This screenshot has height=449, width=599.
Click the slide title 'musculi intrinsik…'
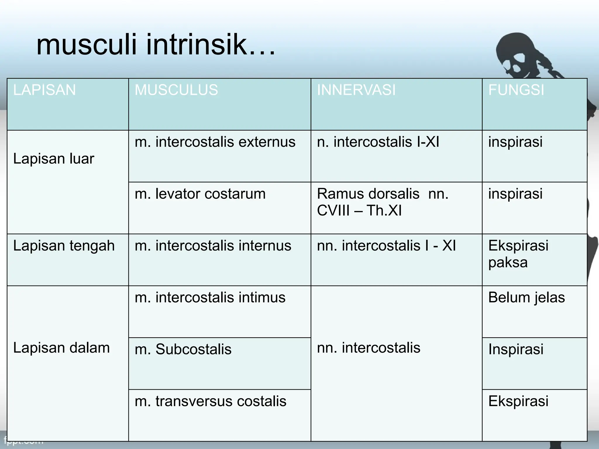156,45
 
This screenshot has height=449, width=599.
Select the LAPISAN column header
44,90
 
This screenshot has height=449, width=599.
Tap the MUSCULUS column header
176,90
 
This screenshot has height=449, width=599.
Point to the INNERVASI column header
356,90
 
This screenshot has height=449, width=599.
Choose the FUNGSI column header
516,90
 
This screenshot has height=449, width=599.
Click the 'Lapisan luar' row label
54,159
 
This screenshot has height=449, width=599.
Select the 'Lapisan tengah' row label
64,246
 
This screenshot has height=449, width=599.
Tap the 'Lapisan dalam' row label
61,348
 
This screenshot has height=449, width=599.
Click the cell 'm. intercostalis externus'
215,142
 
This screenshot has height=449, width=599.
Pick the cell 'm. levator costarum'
200,194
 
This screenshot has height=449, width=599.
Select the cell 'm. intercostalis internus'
213,246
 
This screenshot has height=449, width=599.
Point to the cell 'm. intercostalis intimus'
210,298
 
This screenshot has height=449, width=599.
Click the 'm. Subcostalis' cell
183,349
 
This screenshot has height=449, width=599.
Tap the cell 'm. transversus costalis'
211,401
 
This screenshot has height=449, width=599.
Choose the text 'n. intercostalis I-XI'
378,142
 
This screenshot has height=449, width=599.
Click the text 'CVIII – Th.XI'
359,210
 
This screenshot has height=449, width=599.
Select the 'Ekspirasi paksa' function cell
518,254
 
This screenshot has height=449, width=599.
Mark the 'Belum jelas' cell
526,298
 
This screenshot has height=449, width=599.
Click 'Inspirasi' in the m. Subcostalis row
516,349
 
